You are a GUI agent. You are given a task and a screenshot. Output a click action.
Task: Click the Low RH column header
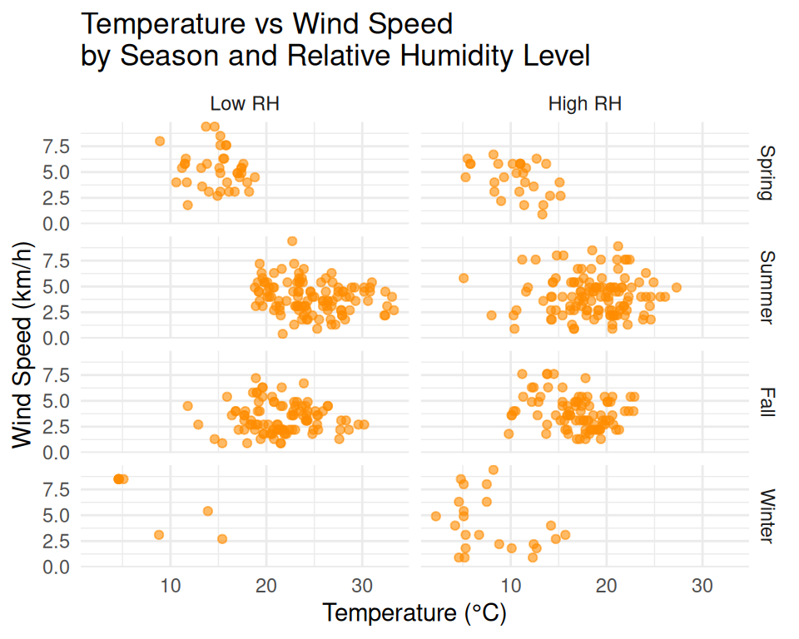tap(245, 105)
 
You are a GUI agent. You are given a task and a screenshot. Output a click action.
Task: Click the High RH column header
tap(585, 105)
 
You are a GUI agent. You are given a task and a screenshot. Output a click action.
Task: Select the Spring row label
tap(767, 173)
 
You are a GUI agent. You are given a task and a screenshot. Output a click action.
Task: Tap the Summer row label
tap(767, 287)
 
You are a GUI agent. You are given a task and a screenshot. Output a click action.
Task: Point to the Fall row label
tap(767, 402)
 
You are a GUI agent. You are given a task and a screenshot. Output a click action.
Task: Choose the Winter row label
tap(767, 516)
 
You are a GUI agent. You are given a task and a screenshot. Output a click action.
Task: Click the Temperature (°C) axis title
tap(414, 613)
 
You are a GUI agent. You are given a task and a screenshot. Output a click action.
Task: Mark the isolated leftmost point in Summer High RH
tap(464, 278)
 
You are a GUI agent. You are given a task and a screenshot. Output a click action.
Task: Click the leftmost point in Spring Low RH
tap(160, 141)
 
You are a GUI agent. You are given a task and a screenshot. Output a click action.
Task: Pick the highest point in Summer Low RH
tap(292, 241)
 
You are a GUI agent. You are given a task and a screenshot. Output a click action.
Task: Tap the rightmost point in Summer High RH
tap(677, 288)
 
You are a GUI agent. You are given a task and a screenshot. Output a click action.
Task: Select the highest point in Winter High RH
tap(494, 470)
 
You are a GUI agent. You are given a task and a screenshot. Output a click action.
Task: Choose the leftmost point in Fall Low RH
tap(187, 406)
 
